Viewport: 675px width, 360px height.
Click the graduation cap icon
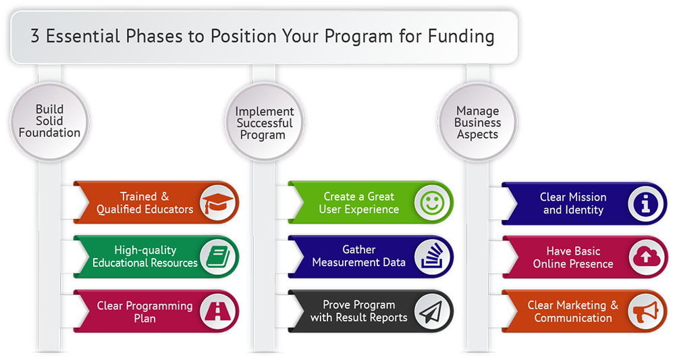[218, 203]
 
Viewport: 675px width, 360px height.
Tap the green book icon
[218, 257]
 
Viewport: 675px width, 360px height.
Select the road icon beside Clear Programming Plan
[218, 311]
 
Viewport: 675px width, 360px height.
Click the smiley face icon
[432, 203]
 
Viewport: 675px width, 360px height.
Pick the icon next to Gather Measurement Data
[432, 257]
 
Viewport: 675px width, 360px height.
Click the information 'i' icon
[646, 203]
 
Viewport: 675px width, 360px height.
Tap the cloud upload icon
[645, 257]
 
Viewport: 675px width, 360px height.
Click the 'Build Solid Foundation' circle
[49, 122]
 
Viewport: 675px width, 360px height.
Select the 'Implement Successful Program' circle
[265, 122]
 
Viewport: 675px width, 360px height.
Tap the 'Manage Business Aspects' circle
[477, 122]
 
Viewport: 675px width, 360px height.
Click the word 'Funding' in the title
[460, 36]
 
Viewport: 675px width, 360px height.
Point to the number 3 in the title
[35, 36]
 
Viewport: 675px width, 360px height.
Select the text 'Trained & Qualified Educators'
[144, 203]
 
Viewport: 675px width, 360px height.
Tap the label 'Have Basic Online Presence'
[573, 257]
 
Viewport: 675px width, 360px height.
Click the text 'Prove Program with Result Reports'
[358, 311]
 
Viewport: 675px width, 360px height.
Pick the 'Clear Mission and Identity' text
[573, 203]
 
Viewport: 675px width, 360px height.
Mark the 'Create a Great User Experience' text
[358, 203]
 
